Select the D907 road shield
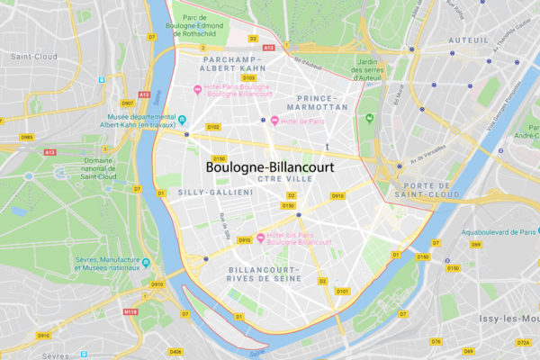coord(128,78)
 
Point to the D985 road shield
coord(28,137)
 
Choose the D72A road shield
coord(523,342)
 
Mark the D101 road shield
coord(341,292)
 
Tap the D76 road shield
coord(436,341)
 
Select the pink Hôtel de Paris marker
coord(274,121)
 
